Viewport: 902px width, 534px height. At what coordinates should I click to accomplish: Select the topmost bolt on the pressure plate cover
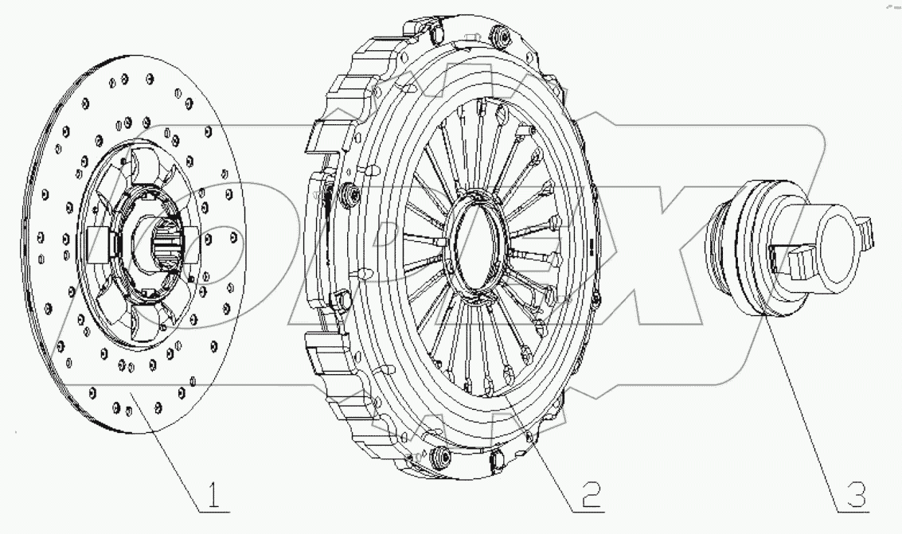[x=502, y=35]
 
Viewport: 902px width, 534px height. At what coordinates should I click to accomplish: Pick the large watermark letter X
[x=677, y=239]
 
